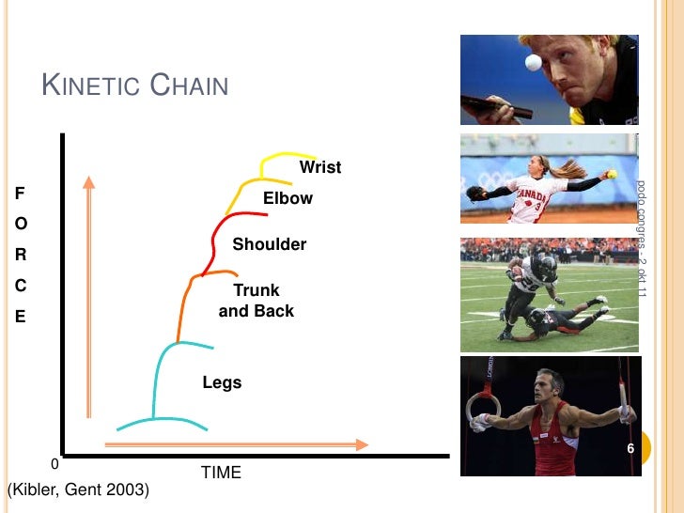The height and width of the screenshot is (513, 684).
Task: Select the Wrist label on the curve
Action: [x=319, y=168]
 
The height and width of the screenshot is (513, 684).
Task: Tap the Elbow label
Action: [x=288, y=199]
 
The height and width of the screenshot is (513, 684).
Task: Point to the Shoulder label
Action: [x=269, y=244]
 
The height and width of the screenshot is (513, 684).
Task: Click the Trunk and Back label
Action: [x=256, y=301]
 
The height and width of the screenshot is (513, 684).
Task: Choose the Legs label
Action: [x=222, y=382]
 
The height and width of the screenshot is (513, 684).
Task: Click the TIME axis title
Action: [x=221, y=473]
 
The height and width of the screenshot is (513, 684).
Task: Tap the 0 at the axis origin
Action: [x=54, y=464]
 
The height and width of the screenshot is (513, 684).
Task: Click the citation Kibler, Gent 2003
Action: [x=77, y=490]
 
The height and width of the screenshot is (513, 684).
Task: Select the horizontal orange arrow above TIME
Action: [x=235, y=443]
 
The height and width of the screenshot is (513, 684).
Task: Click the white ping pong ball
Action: [x=534, y=62]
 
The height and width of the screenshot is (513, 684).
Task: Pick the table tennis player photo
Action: [x=551, y=80]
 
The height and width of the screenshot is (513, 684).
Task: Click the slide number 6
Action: [x=630, y=450]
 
